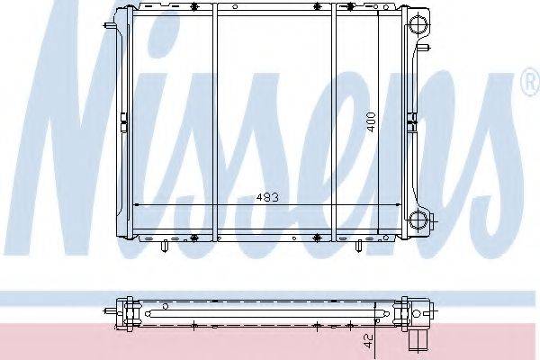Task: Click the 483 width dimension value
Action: coord(267,197)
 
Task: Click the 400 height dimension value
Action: coord(371,122)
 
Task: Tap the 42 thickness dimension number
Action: coord(368,341)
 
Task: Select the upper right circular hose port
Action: coord(418,24)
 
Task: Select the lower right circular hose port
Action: coord(418,219)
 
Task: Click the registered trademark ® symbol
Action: coord(532,82)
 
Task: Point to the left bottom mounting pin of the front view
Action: coord(166,246)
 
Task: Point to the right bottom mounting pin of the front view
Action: coord(358,246)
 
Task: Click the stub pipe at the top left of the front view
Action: coord(110,25)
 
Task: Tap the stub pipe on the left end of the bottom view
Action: coord(110,311)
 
